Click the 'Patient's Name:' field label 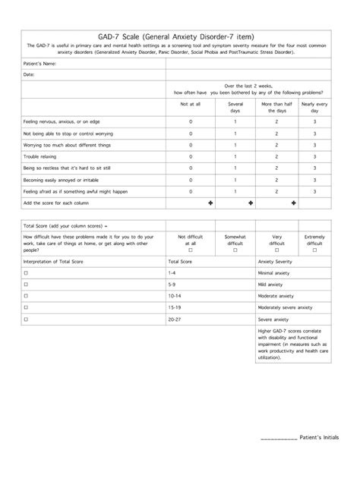(39, 64)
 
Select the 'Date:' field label (29, 75)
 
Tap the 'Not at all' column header (190, 103)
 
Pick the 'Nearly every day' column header (314, 107)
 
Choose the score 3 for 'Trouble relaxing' (314, 156)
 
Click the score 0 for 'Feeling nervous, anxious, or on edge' (190, 121)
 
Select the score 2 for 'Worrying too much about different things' (277, 145)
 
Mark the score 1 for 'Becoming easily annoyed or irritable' (235, 180)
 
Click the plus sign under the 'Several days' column (249, 203)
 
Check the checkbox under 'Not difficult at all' (190, 250)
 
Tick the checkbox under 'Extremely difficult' (314, 250)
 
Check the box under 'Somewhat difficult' (235, 250)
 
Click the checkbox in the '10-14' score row (26, 295)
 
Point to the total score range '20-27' (175, 319)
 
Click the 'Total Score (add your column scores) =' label (61, 226)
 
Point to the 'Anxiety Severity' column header (275, 260)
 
